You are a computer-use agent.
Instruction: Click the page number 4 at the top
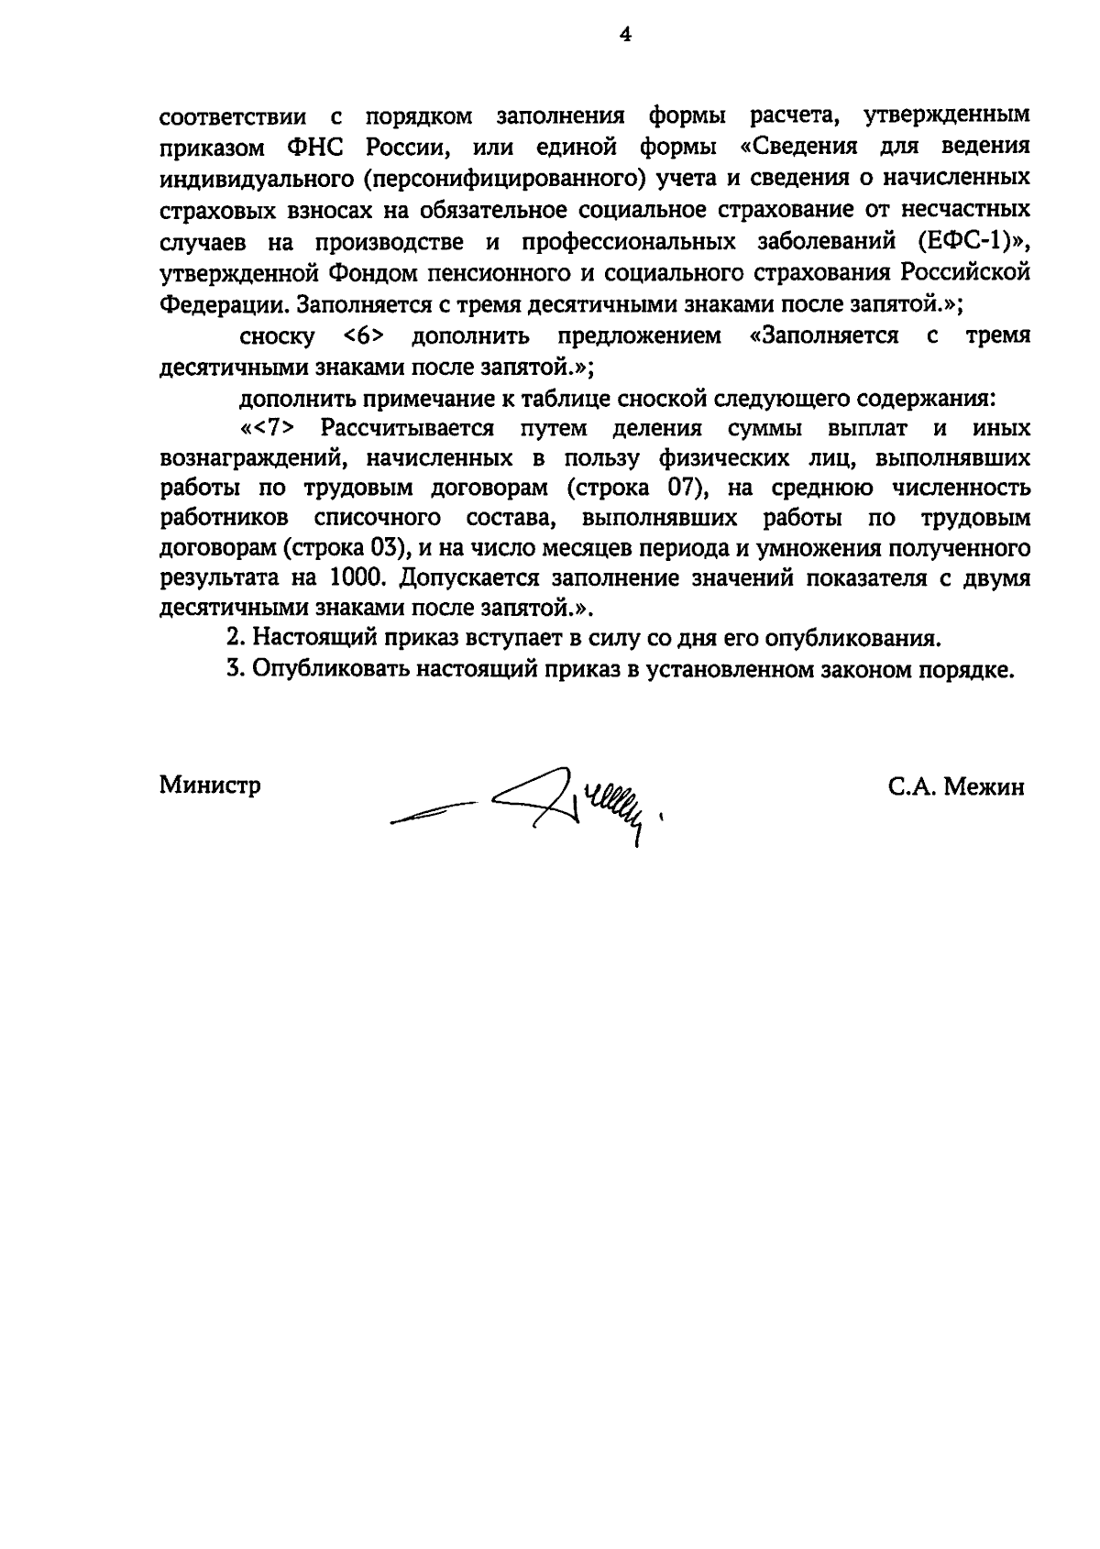pyautogui.click(x=626, y=35)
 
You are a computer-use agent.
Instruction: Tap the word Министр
pyautogui.click(x=210, y=785)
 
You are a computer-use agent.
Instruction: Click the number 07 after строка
pyautogui.click(x=677, y=488)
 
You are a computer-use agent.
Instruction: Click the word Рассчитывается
pyautogui.click(x=408, y=428)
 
